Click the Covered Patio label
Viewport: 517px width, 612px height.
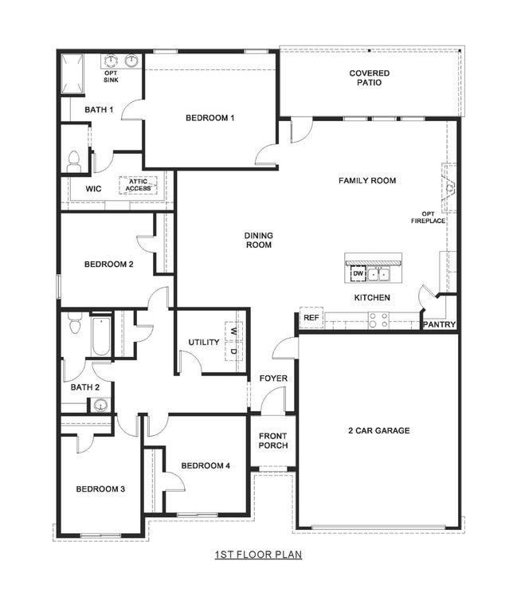(370, 77)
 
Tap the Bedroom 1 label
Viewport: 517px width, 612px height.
(210, 118)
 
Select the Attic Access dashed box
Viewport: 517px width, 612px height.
(135, 185)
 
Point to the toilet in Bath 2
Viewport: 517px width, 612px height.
(76, 324)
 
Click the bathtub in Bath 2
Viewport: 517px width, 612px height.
(100, 337)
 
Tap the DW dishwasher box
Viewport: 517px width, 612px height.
(356, 274)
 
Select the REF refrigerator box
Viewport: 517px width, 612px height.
(311, 318)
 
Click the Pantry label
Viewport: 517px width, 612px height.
(439, 324)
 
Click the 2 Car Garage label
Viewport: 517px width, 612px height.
(378, 430)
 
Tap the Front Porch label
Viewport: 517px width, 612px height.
(273, 441)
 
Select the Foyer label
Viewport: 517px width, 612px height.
(273, 378)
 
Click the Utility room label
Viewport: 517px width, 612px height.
(204, 343)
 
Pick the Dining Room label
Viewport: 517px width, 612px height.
(259, 240)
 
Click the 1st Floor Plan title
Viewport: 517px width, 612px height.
(258, 554)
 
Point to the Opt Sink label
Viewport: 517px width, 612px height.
(111, 77)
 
